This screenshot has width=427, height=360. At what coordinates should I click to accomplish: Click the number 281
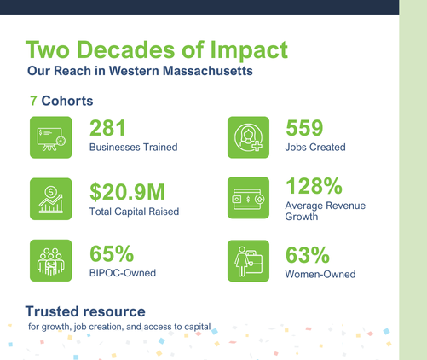click(107, 128)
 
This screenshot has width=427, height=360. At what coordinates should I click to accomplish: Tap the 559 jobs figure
click(304, 128)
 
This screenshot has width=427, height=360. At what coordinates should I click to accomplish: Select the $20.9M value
click(127, 192)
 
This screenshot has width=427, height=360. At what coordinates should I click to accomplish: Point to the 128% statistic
click(314, 186)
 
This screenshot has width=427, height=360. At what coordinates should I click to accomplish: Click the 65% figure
click(112, 253)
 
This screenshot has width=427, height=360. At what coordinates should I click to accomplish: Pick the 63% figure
click(308, 255)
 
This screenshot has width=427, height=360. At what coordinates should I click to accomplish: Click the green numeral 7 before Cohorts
click(33, 101)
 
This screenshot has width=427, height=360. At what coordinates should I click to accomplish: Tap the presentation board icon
click(51, 137)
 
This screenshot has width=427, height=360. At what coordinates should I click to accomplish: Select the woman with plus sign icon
click(248, 137)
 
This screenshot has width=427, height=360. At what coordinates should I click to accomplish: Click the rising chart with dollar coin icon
click(51, 199)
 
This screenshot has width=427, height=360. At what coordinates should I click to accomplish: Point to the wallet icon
click(248, 198)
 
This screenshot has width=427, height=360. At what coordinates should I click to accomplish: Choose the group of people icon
click(51, 260)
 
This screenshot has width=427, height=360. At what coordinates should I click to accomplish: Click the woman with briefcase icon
click(248, 261)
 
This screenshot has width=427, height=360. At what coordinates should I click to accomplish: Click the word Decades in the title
click(125, 49)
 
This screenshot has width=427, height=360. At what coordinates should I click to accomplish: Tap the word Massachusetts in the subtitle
click(208, 71)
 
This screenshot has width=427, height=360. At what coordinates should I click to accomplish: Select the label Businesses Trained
click(134, 148)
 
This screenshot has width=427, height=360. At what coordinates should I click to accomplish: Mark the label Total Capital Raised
click(134, 212)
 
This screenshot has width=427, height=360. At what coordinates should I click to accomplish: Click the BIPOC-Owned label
click(123, 273)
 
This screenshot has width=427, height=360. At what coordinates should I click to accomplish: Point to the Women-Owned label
click(320, 275)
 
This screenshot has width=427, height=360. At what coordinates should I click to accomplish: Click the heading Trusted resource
click(85, 311)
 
